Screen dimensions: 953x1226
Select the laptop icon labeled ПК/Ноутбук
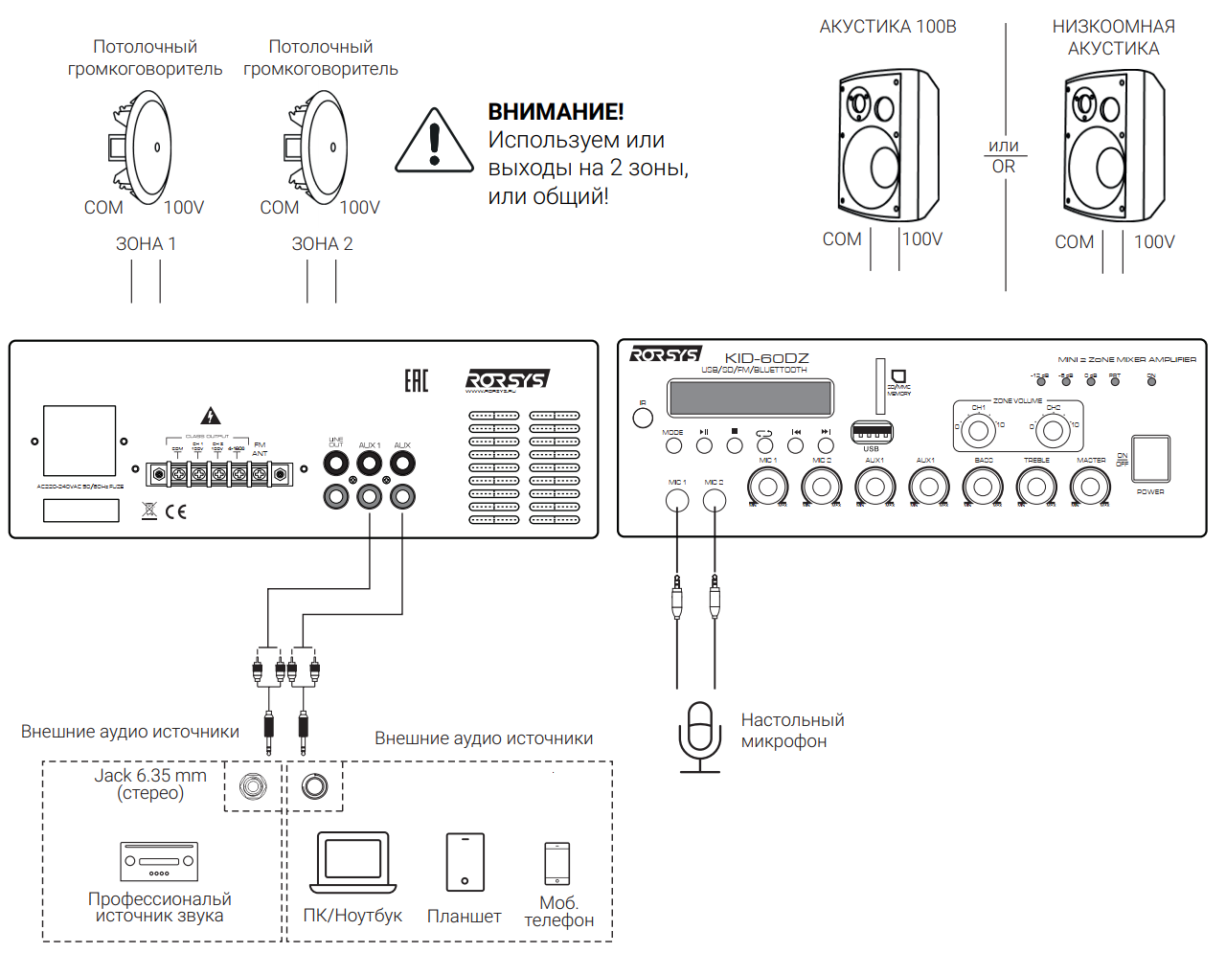pos(352,862)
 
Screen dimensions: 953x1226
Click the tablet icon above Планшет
pos(465,862)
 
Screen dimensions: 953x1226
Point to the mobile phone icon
pos(556,864)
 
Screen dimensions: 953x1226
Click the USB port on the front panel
pos(872,433)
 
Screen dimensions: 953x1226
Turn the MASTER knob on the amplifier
pos(1090,487)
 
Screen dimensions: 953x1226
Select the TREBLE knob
pos(1036,487)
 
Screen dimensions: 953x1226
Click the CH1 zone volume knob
pos(978,430)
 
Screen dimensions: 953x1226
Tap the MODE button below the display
pos(673,445)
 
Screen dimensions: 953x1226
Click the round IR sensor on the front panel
pos(643,418)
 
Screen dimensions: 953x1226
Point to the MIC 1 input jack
pos(677,500)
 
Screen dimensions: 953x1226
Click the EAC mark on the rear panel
pos(416,381)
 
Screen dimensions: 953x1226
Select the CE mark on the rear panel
pos(175,511)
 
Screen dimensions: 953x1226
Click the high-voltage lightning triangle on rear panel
pos(210,416)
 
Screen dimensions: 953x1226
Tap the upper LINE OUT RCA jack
pos(336,465)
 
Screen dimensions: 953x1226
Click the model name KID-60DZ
pos(766,358)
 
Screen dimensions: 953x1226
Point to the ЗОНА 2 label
pos(322,244)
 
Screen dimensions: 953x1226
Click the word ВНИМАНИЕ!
pos(556,112)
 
